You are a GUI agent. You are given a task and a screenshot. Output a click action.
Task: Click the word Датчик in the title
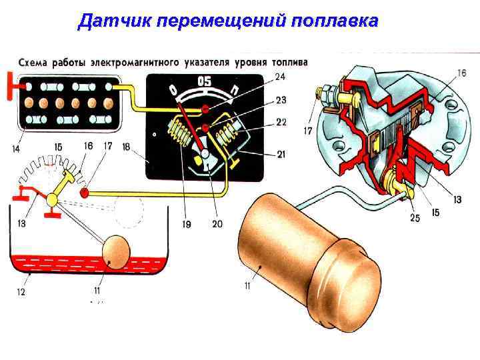[113, 21]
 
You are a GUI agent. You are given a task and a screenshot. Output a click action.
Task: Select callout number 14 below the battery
[15, 148]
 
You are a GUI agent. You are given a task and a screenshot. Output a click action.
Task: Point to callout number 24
[281, 77]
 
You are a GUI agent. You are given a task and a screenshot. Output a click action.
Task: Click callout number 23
[281, 101]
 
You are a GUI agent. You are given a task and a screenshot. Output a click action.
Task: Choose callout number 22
[281, 122]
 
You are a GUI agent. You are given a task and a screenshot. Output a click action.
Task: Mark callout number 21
[281, 155]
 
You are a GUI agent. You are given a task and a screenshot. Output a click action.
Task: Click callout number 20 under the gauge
[217, 224]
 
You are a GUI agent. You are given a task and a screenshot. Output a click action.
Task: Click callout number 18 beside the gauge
[126, 146]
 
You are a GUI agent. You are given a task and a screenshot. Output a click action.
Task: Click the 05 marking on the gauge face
[205, 82]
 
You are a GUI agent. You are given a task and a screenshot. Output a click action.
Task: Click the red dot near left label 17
[85, 193]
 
